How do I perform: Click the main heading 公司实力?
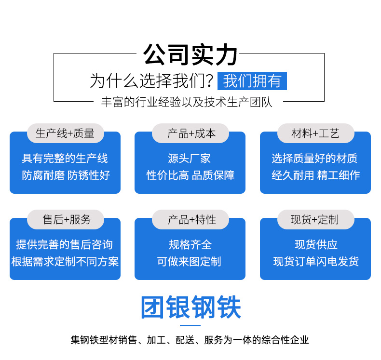(x=190, y=55)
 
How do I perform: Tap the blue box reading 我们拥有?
(x=252, y=81)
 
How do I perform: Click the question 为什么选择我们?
(x=151, y=81)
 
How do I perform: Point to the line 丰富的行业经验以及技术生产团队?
(x=187, y=102)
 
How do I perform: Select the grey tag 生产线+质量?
(x=66, y=133)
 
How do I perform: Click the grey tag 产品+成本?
(x=190, y=133)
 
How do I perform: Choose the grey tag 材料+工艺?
(x=315, y=133)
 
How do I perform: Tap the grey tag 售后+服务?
(x=66, y=219)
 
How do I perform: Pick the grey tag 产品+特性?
(x=190, y=219)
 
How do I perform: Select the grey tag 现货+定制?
(x=315, y=219)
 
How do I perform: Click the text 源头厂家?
(x=189, y=159)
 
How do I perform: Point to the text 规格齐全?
(x=190, y=244)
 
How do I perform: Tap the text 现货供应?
(x=316, y=244)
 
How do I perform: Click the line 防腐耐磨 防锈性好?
(x=66, y=175)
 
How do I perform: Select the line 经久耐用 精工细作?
(x=315, y=175)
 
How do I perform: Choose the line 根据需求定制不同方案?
(x=65, y=261)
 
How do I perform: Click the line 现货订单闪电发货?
(x=316, y=261)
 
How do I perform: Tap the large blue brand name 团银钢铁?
(x=191, y=307)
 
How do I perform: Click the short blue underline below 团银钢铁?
(x=190, y=325)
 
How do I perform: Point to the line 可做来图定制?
(x=189, y=261)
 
